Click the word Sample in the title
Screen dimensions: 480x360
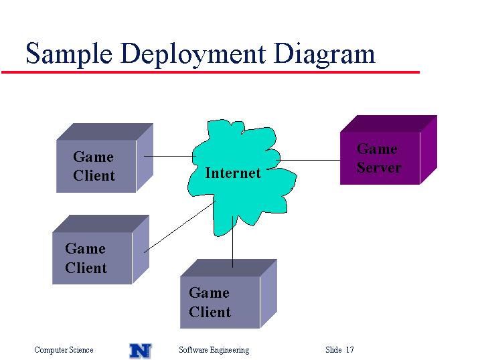click(69, 54)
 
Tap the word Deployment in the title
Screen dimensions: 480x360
click(193, 55)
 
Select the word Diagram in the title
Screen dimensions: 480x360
click(325, 55)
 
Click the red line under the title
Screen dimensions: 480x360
click(211, 72)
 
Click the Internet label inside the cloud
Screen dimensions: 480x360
click(233, 173)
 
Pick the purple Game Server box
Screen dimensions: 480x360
click(388, 150)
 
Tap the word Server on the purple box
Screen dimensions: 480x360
click(379, 167)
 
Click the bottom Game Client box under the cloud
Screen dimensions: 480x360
click(228, 294)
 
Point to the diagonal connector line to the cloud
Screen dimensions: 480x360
click(180, 227)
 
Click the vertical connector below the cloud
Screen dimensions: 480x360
click(233, 242)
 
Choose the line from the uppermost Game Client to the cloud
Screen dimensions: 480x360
click(170, 157)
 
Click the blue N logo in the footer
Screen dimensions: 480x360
click(140, 351)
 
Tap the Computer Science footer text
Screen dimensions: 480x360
click(64, 349)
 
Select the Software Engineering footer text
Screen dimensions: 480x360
click(214, 349)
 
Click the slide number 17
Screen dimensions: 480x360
click(350, 349)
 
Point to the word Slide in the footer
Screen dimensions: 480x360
click(333, 349)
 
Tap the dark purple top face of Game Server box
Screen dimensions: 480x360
click(388, 124)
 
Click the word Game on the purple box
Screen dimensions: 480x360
click(377, 149)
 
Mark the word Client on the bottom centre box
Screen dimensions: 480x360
click(210, 312)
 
